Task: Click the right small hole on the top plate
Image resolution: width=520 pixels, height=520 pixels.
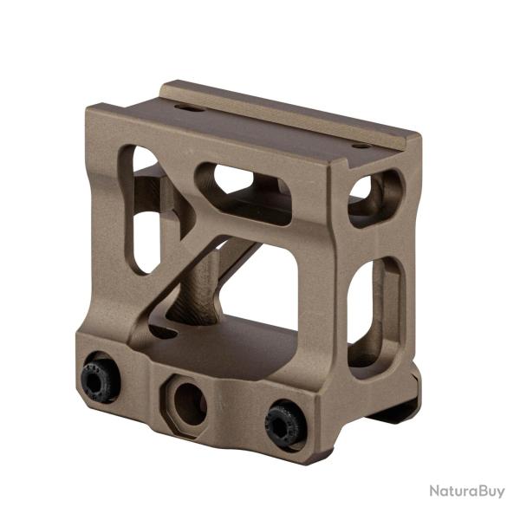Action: (x=360, y=146)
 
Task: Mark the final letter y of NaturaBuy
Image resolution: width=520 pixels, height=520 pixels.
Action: (x=500, y=493)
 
